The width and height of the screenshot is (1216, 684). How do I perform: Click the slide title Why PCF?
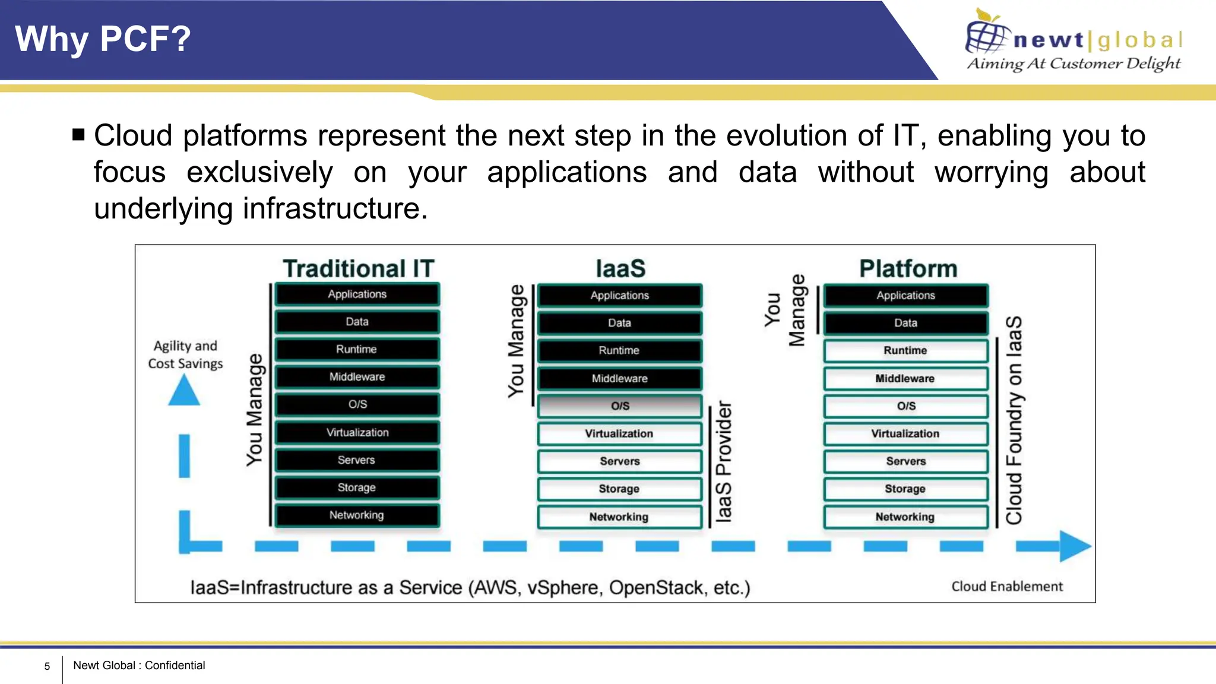click(103, 39)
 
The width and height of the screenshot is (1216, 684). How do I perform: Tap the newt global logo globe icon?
click(986, 37)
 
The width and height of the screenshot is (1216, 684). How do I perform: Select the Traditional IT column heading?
click(359, 268)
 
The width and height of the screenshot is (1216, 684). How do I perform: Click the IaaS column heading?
click(620, 268)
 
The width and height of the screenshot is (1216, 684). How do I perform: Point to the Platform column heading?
click(908, 268)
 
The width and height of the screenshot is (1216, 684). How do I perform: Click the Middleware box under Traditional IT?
click(357, 377)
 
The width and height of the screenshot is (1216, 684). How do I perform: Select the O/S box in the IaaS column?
click(620, 406)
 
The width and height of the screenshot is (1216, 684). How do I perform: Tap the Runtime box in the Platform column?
click(905, 350)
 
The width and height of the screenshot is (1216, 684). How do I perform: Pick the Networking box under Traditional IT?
click(357, 515)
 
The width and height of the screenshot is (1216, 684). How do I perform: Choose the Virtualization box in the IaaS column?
click(619, 433)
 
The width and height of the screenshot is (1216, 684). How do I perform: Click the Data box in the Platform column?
click(905, 323)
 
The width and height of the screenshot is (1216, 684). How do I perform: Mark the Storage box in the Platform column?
click(905, 489)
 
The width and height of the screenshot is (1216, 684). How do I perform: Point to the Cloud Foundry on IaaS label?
click(1014, 420)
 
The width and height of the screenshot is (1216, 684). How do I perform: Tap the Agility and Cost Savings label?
click(185, 354)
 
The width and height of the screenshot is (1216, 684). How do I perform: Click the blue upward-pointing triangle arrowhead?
click(184, 392)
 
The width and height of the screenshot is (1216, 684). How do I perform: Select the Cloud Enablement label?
click(1007, 587)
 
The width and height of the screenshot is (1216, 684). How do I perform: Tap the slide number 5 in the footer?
click(47, 666)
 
